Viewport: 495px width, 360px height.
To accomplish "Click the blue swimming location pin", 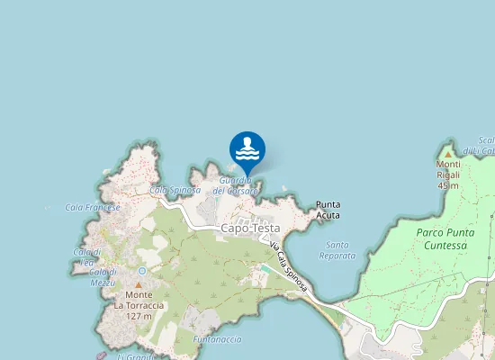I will (x=247, y=149).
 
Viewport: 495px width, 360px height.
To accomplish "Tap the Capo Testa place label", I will (x=250, y=229).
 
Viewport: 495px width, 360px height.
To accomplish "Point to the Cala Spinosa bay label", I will (x=175, y=190).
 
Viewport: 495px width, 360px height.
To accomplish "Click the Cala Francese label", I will (x=93, y=207).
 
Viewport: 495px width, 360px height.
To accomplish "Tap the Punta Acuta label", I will (x=328, y=210).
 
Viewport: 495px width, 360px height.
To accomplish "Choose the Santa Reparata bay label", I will (x=337, y=250).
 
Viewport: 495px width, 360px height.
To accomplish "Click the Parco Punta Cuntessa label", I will (x=454, y=238).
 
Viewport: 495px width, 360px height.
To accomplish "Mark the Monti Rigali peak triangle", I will (x=448, y=154).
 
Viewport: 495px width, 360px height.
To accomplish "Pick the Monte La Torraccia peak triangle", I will (x=139, y=284).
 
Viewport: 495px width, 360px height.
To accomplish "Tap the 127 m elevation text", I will (x=139, y=316).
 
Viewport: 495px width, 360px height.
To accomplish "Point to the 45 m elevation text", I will (x=448, y=185).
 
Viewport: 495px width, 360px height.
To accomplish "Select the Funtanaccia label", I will (x=217, y=339).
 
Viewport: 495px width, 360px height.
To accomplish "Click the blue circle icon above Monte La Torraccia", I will (x=141, y=270).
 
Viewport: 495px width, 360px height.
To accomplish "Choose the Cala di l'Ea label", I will (x=88, y=256).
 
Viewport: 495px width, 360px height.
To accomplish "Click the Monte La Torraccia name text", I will (x=139, y=300).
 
